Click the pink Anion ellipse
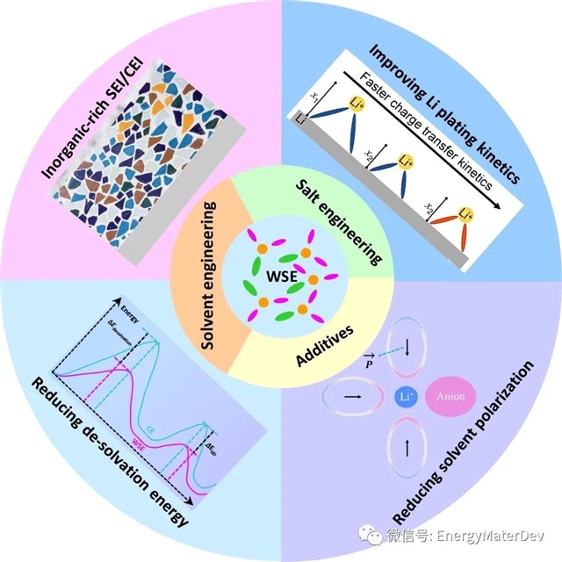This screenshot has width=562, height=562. [452, 397]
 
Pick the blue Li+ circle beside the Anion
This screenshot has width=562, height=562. [406, 397]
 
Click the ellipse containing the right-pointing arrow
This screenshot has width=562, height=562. [355, 397]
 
